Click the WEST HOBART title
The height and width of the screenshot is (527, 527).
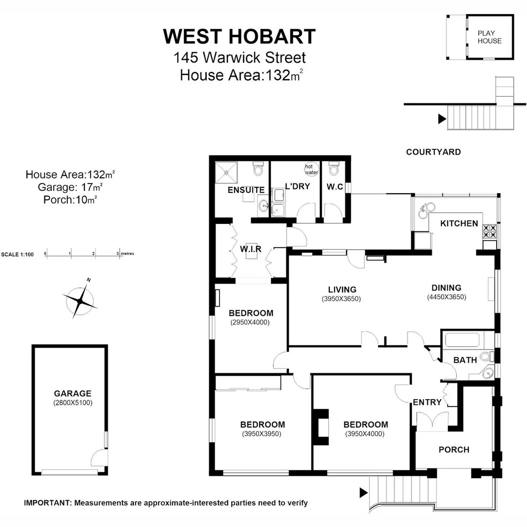point(239,37)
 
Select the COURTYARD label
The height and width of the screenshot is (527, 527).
point(433,152)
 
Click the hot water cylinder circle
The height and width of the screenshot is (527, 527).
point(311,169)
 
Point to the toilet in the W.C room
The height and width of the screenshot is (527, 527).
point(334,169)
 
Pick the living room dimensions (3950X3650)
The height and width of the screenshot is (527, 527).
point(341,299)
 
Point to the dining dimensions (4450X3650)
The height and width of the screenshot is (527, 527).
point(446,297)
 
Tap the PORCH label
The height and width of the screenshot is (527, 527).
point(454,449)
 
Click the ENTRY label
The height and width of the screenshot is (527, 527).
point(427,403)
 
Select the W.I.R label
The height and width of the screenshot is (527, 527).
point(251,249)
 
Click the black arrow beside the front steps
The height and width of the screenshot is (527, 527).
point(364,492)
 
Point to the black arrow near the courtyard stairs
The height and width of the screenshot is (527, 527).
point(442,119)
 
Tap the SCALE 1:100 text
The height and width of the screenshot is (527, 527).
point(18,254)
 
